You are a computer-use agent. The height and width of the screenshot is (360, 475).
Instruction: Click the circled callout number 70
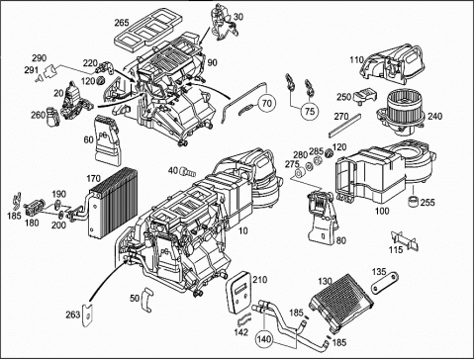266,103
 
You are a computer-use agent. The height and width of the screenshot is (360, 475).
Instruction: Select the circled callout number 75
310,111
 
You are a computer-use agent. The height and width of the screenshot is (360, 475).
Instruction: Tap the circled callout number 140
264,339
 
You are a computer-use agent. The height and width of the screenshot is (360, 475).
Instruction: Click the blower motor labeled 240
400,113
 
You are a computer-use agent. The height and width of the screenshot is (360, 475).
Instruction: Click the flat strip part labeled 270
345,126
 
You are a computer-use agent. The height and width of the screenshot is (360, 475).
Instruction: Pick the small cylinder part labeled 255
413,201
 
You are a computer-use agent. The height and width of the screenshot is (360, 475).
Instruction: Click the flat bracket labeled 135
385,283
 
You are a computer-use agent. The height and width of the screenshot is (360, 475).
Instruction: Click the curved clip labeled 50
147,299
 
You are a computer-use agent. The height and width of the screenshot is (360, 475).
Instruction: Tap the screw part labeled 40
187,171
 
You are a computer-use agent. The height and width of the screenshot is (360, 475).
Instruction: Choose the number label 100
382,211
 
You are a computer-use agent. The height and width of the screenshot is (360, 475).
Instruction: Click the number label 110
357,60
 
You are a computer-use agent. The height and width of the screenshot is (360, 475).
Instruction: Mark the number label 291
31,70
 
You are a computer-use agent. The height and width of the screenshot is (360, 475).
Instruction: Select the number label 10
242,230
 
